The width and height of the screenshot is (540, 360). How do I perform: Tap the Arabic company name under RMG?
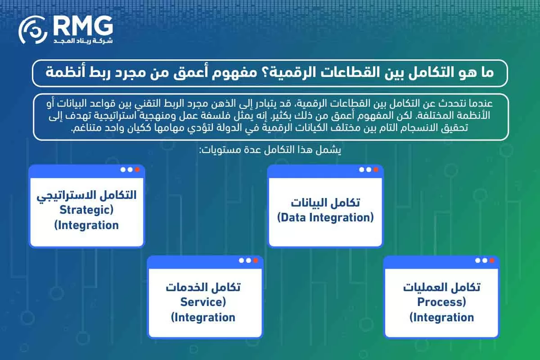click(83, 41)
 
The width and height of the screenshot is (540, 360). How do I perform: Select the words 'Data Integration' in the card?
click(325, 217)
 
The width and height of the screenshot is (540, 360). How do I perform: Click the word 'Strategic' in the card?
click(86, 210)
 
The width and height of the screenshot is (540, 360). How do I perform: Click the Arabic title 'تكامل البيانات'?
click(325, 202)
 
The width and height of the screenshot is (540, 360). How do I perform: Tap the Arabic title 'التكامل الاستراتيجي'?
click(86, 195)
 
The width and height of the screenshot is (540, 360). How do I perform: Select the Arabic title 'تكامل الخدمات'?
click(203, 287)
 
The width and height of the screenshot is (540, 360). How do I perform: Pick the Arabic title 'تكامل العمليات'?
click(441, 287)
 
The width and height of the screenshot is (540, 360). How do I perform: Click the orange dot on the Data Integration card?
click(375, 170)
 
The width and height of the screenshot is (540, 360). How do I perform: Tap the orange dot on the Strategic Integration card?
click(137, 170)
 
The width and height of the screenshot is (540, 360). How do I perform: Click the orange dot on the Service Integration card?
click(256, 260)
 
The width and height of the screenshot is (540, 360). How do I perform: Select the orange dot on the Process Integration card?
click(492, 260)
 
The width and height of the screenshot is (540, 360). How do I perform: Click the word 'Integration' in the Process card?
click(441, 317)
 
